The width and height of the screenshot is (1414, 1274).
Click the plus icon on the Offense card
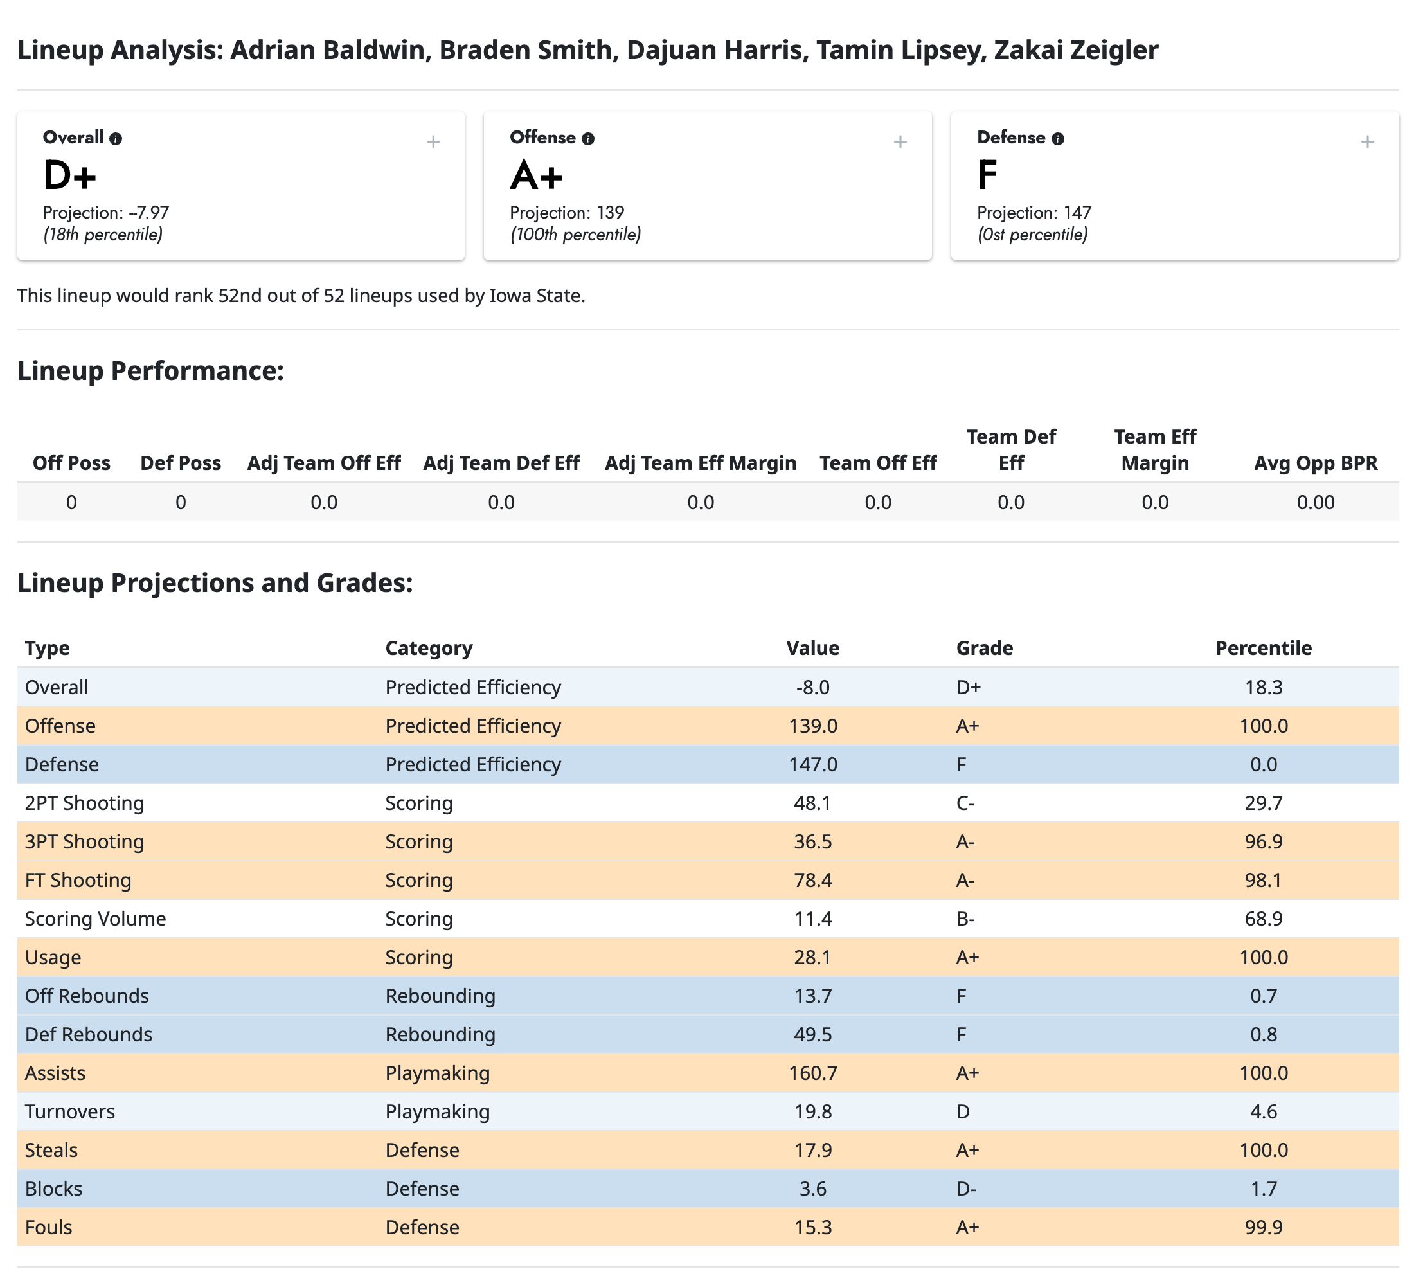point(900,142)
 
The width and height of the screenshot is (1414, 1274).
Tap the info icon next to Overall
point(116,139)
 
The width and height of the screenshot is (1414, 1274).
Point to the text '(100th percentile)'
point(575,235)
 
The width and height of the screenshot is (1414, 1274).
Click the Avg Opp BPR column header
point(1315,463)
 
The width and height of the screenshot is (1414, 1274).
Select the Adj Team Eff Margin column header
point(700,463)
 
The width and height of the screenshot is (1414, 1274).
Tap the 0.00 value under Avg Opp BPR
point(1315,502)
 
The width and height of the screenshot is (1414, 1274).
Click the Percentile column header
point(1263,647)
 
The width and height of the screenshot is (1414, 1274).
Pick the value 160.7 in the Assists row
point(812,1072)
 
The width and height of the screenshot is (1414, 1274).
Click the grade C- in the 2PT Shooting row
point(965,803)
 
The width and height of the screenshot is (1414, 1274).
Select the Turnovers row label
point(70,1111)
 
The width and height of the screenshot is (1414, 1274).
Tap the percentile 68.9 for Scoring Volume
point(1263,919)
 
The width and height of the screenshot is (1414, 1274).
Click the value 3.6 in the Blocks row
point(812,1188)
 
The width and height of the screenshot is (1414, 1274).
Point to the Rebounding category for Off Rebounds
point(440,996)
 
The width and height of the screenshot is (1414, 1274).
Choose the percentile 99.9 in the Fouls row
point(1263,1226)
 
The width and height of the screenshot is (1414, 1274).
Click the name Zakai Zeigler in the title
point(1076,50)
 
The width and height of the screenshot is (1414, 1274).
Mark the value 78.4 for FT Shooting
point(812,880)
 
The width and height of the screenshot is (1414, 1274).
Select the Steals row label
point(51,1149)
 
